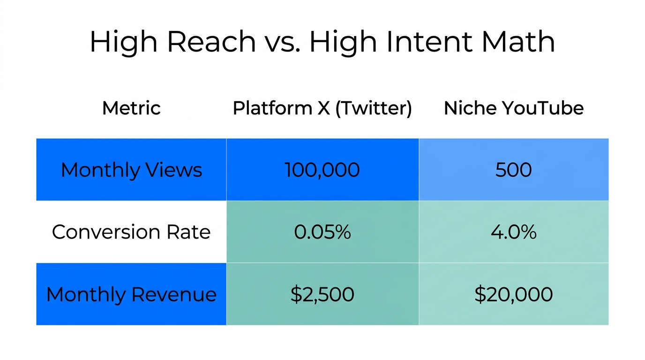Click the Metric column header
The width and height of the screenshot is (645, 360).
131,108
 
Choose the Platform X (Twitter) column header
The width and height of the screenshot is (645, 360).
322,108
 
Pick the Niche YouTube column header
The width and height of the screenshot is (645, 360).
514,108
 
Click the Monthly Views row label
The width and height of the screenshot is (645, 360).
131,170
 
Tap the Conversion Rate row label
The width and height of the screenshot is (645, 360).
131,232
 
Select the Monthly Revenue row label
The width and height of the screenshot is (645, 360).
131,294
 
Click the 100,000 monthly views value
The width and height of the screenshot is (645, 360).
322,170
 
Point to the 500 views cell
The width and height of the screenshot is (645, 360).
514,170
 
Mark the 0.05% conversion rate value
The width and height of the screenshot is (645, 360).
322,232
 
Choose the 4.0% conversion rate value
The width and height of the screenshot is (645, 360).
514,232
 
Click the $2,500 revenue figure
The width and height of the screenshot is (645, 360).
322,294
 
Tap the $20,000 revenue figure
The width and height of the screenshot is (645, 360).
514,294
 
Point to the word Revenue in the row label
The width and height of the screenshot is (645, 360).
174,294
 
